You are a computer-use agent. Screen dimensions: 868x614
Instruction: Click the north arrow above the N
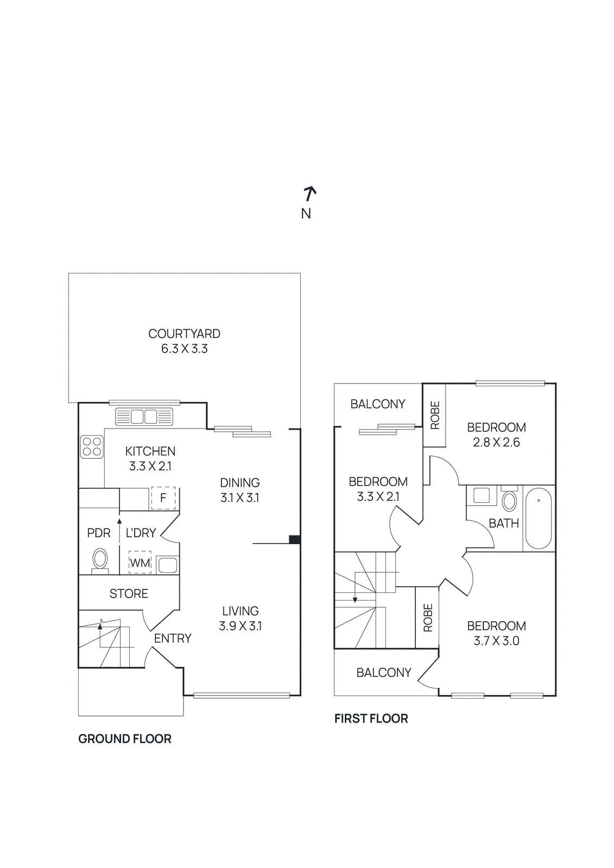click(309, 193)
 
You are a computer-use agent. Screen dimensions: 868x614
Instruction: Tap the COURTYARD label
click(184, 334)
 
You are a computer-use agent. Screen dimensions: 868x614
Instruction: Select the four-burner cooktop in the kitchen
click(92, 447)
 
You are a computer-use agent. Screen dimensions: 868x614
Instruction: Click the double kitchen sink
click(144, 417)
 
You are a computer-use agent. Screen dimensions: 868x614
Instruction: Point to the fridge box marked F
click(163, 497)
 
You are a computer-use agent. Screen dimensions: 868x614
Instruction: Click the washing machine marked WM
click(140, 563)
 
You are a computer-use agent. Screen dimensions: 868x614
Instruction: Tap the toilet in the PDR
click(100, 559)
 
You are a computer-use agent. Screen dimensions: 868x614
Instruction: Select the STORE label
click(129, 593)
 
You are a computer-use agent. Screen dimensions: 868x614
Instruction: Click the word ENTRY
click(173, 639)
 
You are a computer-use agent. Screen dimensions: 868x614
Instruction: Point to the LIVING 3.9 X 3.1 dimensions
click(240, 626)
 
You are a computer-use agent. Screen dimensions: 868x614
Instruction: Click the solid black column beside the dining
click(294, 539)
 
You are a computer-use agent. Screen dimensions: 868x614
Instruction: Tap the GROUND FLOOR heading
click(124, 739)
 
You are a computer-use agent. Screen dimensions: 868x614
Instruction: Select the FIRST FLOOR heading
click(371, 719)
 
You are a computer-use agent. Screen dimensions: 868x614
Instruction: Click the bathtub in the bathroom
click(538, 519)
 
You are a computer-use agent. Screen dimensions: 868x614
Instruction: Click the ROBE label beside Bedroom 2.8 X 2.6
click(435, 416)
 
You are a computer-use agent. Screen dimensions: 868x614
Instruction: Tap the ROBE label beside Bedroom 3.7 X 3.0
click(428, 618)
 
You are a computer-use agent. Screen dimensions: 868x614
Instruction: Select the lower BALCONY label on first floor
click(383, 673)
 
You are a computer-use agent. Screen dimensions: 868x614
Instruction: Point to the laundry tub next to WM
click(167, 565)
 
